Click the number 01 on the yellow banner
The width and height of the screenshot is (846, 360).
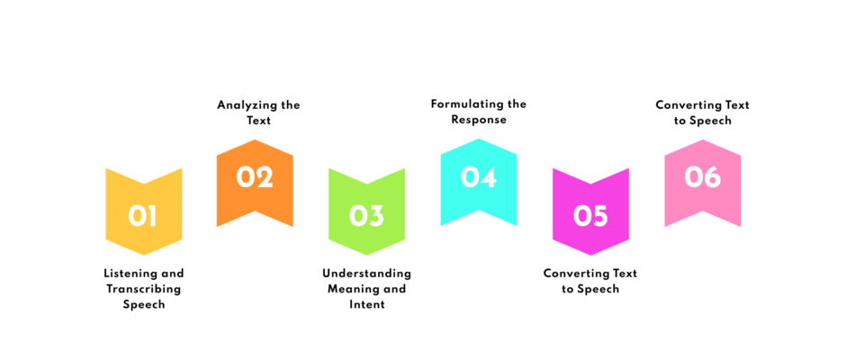tap(143, 216)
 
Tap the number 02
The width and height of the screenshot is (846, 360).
tap(255, 177)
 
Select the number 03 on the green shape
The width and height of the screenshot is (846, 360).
tap(366, 216)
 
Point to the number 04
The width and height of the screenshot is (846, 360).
tap(479, 177)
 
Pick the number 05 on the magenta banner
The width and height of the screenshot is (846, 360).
tap(590, 216)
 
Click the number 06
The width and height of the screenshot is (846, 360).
tap(703, 177)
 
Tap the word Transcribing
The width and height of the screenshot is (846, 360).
tap(143, 289)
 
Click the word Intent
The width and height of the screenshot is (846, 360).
tap(367, 304)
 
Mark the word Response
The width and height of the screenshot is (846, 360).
tap(479, 120)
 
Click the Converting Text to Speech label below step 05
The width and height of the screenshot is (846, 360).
tap(590, 281)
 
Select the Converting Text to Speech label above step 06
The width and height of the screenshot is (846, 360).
tap(703, 112)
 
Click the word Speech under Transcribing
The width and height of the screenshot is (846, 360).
tap(143, 305)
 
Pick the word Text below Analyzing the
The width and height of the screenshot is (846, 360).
tap(259, 121)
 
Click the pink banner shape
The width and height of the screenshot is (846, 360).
tap(703, 183)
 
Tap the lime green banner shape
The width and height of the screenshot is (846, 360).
tap(366, 211)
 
